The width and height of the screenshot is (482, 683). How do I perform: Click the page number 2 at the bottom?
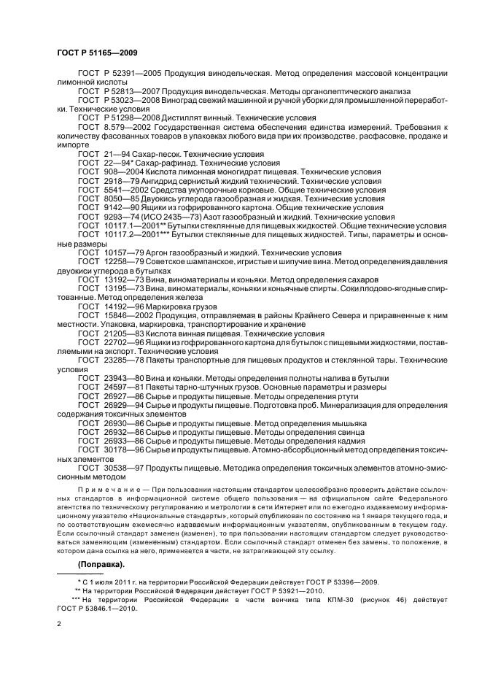[x=60, y=625]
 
